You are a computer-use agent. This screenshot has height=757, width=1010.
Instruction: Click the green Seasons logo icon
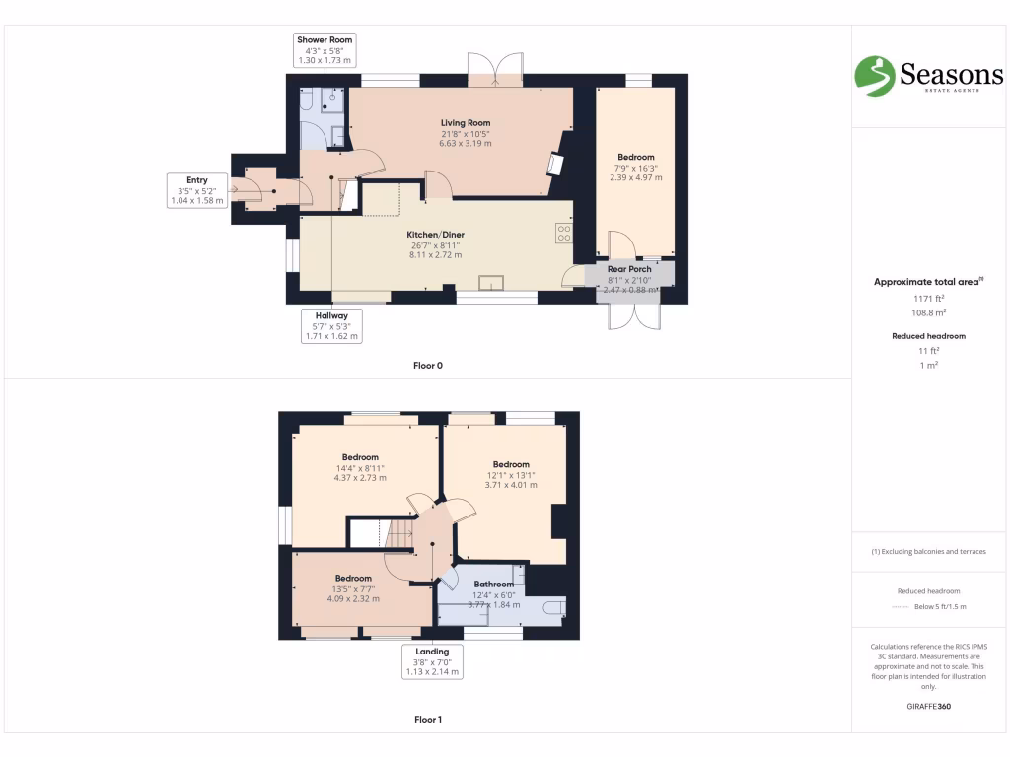coord(874,76)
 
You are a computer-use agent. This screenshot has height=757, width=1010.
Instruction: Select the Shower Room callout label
coord(325,50)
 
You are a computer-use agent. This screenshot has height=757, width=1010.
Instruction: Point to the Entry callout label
coord(197,190)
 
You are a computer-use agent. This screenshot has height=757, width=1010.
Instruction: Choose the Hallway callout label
coord(331,325)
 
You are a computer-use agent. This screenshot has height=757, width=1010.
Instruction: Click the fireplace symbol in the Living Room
coord(556,165)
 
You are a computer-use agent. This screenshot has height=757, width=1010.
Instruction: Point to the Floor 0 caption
coord(427,366)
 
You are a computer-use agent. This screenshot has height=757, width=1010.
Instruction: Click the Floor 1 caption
coord(427,720)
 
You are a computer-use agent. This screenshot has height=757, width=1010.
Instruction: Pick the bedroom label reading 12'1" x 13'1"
coord(511,474)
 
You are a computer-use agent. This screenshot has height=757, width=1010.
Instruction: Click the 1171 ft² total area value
coord(926,298)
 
